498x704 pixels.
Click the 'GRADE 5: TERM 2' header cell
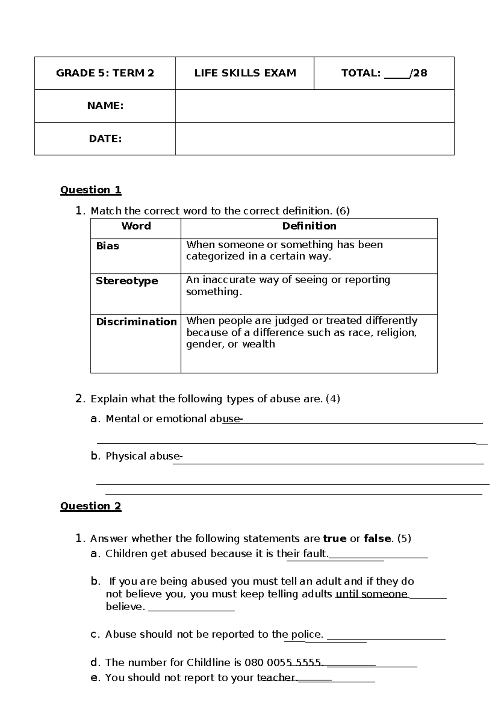click(x=105, y=73)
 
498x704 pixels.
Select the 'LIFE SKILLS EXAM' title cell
click(x=245, y=73)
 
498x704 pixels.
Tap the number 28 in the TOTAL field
click(x=420, y=73)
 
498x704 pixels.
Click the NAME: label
click(x=105, y=106)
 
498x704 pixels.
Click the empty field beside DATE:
click(x=315, y=139)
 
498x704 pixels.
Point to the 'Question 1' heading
click(x=90, y=190)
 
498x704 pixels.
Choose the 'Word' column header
click(x=136, y=226)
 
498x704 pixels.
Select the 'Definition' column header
click(x=309, y=226)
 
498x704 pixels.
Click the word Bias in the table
click(x=107, y=246)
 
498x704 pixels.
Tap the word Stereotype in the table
click(x=127, y=281)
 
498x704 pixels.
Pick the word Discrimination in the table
click(x=136, y=322)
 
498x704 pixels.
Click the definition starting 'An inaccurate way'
click(x=288, y=286)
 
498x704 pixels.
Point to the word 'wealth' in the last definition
click(x=259, y=344)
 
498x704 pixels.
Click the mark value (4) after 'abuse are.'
click(x=333, y=399)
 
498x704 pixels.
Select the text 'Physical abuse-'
click(x=144, y=456)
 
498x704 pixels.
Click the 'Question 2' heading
click(x=90, y=506)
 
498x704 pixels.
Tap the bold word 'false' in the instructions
click(x=377, y=539)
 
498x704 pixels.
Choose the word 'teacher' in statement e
click(x=276, y=678)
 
